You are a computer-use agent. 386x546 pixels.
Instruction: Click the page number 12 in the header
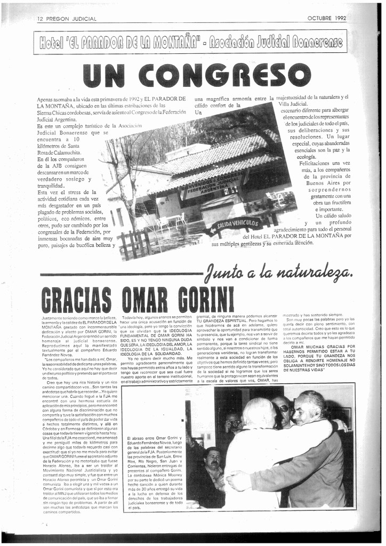click(40, 19)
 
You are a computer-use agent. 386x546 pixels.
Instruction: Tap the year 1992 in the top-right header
click(341, 18)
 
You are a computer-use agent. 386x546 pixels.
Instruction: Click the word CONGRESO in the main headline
click(225, 75)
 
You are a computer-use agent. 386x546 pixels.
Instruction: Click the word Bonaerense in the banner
click(316, 42)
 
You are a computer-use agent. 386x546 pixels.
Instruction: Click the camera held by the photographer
click(235, 424)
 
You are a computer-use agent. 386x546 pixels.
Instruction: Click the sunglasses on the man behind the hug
click(283, 408)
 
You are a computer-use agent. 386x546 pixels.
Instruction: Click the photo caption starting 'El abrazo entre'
click(155, 472)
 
